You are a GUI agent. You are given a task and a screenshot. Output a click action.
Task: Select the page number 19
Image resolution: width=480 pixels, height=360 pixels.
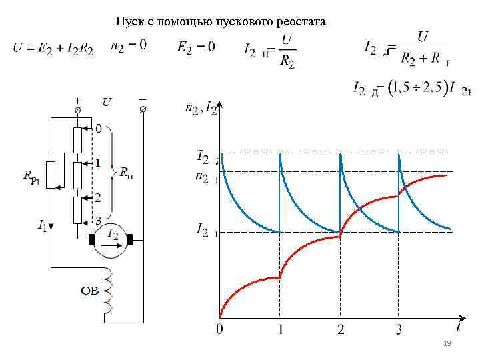pyautogui.click(x=447, y=343)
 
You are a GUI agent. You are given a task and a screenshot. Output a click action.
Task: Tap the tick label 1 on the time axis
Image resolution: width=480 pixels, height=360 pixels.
pyautogui.click(x=281, y=329)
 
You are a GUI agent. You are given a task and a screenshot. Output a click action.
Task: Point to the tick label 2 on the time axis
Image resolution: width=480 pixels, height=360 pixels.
pyautogui.click(x=341, y=329)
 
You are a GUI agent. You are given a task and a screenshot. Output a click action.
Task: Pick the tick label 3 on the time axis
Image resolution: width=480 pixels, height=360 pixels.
pyautogui.click(x=399, y=329)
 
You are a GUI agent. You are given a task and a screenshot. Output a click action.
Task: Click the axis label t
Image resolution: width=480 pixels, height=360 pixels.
pyautogui.click(x=458, y=327)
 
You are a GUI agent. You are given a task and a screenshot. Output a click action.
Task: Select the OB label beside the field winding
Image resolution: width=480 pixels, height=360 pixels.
pyautogui.click(x=90, y=290)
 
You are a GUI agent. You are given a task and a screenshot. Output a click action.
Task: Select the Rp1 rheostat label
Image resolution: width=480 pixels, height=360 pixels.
pyautogui.click(x=33, y=177)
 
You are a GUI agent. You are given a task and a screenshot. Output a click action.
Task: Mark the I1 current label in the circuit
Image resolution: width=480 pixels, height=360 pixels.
pyautogui.click(x=41, y=227)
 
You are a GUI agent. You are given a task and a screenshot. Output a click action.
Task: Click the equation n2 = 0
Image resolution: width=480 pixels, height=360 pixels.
pyautogui.click(x=129, y=46)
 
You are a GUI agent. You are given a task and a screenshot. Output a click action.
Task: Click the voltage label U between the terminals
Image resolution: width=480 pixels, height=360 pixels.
pyautogui.click(x=107, y=102)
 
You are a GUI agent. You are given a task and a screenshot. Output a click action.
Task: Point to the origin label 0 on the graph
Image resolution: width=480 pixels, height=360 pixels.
pyautogui.click(x=219, y=329)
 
